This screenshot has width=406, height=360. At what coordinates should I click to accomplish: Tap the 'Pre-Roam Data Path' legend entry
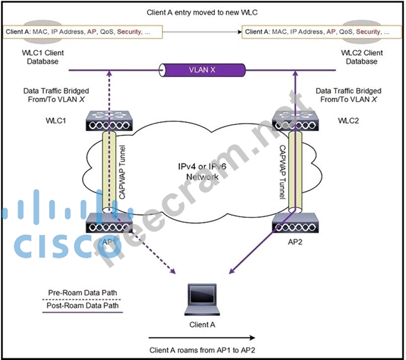pyautogui.click(x=84, y=292)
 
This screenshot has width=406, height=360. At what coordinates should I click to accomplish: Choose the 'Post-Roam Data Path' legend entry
pyautogui.click(x=84, y=306)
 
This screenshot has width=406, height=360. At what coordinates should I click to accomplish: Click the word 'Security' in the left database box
pyautogui.click(x=131, y=30)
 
